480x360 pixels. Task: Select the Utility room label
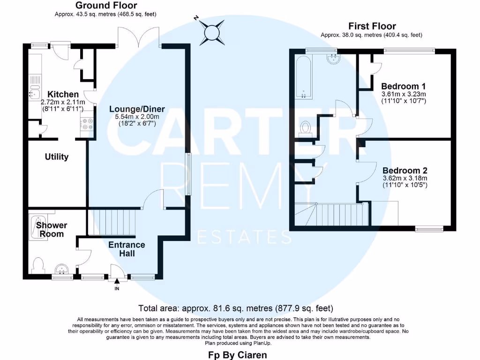(x=57, y=157)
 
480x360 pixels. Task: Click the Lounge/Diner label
(x=135, y=109)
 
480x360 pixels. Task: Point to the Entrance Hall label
(x=127, y=249)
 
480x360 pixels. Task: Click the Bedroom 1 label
(x=403, y=86)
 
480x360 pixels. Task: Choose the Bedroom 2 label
(x=405, y=171)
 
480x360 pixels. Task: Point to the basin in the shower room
(x=62, y=270)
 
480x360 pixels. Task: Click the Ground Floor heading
(x=106, y=6)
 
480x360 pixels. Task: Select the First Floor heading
(x=372, y=26)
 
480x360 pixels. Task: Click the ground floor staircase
(x=112, y=222)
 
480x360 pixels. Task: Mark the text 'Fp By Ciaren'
(x=237, y=355)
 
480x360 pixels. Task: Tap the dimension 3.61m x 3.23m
(x=403, y=94)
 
